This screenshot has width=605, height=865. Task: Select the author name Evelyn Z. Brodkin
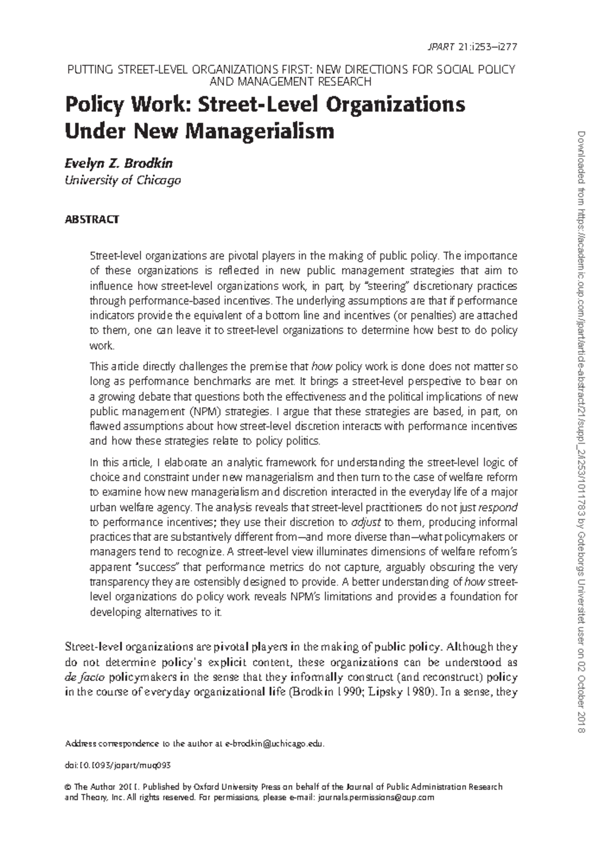click(x=119, y=164)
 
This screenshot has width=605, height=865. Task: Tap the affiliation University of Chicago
click(x=123, y=180)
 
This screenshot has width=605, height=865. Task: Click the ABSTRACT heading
click(x=92, y=220)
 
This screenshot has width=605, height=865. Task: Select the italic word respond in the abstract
click(x=497, y=507)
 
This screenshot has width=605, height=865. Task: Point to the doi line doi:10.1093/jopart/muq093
click(x=118, y=765)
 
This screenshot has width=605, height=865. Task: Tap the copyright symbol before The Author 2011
click(x=69, y=787)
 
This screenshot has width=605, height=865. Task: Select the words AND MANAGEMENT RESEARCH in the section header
click(x=291, y=82)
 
